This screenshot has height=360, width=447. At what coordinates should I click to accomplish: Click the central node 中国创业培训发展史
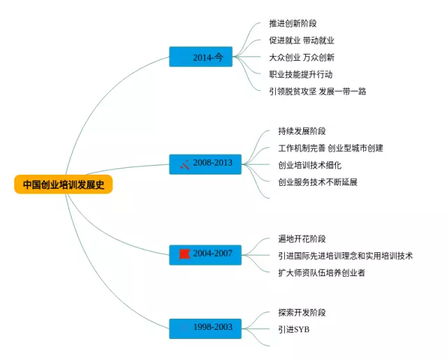(63, 185)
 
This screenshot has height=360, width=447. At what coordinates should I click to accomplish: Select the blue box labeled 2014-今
(200, 57)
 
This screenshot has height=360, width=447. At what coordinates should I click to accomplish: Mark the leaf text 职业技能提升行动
(300, 74)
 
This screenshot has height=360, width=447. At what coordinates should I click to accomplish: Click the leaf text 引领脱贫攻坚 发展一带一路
(317, 91)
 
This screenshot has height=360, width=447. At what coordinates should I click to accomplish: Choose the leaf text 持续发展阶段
(302, 131)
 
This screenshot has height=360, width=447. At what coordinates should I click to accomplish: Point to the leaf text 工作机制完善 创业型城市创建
(330, 148)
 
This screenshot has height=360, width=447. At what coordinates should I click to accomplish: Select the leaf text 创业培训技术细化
(309, 165)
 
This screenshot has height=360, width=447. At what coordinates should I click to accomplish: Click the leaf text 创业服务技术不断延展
(318, 182)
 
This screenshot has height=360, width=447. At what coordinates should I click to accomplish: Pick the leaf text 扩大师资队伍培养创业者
(321, 273)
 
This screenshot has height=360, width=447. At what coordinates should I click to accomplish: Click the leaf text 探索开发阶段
(302, 312)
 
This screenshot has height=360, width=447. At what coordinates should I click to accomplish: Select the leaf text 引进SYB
(293, 329)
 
